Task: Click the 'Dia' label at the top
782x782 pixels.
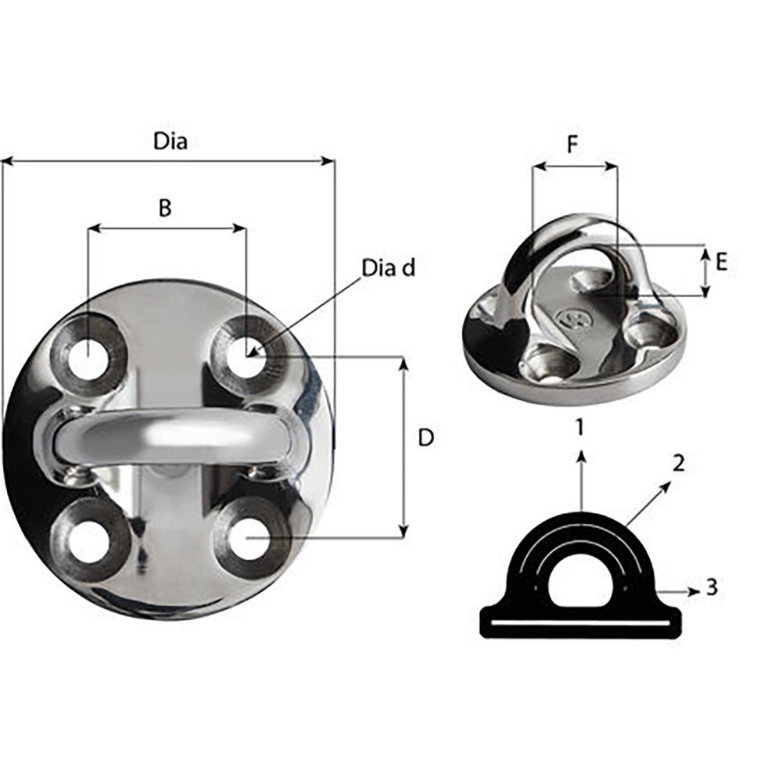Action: [x=170, y=142]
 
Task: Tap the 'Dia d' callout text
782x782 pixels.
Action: [x=389, y=267]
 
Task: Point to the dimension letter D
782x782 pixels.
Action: [x=425, y=438]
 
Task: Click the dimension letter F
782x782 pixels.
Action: [x=573, y=145]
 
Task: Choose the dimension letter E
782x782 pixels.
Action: [x=721, y=262]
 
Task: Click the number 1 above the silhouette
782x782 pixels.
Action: [x=579, y=427]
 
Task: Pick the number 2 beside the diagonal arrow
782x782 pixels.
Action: [x=678, y=463]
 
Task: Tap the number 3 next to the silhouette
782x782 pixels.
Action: [x=711, y=587]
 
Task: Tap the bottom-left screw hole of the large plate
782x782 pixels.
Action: [x=89, y=542]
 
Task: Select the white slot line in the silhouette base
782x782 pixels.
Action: [x=579, y=623]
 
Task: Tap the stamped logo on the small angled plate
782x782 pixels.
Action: [x=569, y=317]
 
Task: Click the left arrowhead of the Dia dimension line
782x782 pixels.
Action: [x=6, y=162]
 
